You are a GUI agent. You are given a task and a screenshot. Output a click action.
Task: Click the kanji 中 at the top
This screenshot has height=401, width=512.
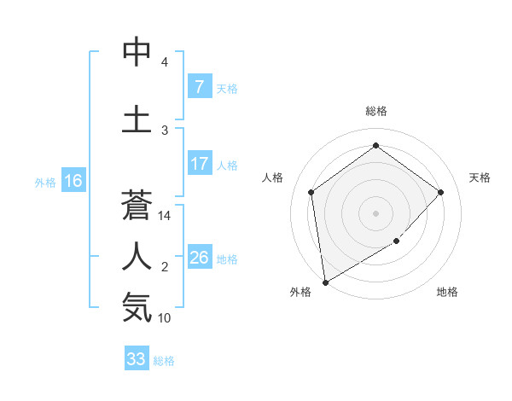(x=137, y=53)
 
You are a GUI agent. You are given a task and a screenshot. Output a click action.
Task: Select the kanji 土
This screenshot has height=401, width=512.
(x=137, y=119)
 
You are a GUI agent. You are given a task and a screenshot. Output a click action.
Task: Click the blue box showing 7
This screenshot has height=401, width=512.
(x=199, y=87)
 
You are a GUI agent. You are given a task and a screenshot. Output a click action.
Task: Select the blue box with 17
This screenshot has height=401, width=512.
(x=199, y=164)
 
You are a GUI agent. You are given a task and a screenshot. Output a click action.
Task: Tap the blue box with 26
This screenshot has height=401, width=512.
(x=199, y=258)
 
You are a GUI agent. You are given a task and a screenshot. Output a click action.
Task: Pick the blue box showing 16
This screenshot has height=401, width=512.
(x=73, y=181)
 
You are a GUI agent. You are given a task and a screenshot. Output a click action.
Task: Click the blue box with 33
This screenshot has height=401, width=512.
(x=137, y=359)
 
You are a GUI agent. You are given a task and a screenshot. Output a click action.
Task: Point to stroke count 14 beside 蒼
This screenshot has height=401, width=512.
(x=165, y=216)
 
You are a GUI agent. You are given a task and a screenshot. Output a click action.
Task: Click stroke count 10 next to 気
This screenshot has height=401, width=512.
(x=165, y=318)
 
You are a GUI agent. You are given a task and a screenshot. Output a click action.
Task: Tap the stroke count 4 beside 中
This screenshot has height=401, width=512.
(x=165, y=62)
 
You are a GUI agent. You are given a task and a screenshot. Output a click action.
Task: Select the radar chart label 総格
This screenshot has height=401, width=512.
(x=375, y=111)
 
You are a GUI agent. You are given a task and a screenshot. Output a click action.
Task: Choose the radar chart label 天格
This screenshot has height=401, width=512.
(x=480, y=177)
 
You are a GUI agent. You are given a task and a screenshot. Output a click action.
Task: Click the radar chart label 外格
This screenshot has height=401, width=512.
(x=300, y=292)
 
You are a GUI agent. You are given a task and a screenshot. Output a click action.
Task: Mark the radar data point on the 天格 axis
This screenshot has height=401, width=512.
(x=440, y=192)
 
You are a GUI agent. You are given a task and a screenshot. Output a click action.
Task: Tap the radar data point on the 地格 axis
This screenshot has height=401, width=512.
(x=396, y=241)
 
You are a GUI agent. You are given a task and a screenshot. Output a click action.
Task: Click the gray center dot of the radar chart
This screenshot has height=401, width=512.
(x=375, y=212)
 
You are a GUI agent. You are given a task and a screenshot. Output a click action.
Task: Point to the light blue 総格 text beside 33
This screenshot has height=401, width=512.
(x=164, y=361)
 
